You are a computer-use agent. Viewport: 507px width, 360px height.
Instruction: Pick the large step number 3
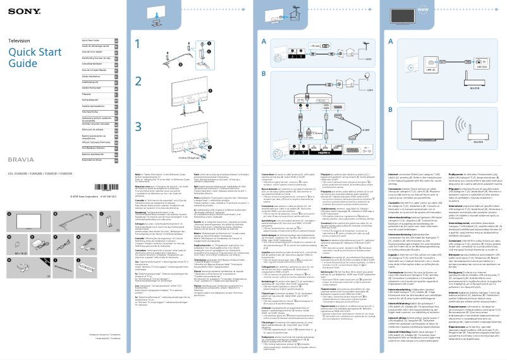139,126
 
